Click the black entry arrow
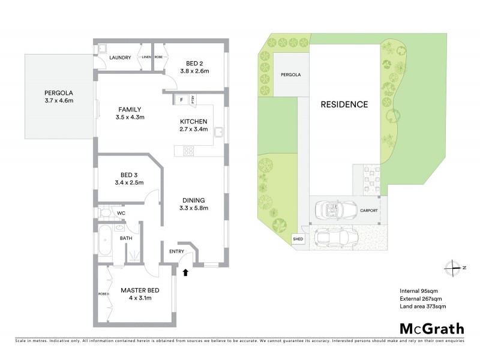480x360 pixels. pyautogui.click(x=185, y=272)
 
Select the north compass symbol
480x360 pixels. pyautogui.click(x=454, y=267)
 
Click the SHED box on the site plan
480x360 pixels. pyautogui.click(x=298, y=239)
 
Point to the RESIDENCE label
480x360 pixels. pyautogui.click(x=344, y=104)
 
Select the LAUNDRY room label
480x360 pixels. pyautogui.click(x=121, y=58)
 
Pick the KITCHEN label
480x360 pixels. pyautogui.click(x=194, y=121)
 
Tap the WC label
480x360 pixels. pyautogui.click(x=121, y=213)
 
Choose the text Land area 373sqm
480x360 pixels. pyautogui.click(x=422, y=306)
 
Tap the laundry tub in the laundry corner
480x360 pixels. pyautogui.click(x=103, y=48)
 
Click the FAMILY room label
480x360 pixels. pyautogui.click(x=130, y=110)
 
